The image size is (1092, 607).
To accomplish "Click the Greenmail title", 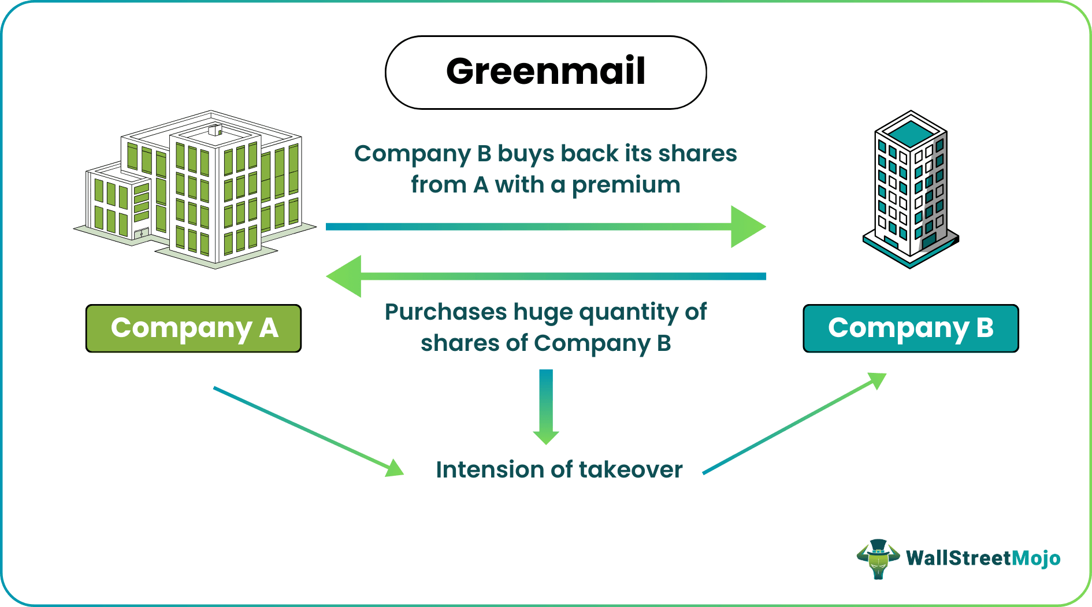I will tap(545, 72).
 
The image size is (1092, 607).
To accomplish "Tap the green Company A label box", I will tap(194, 328).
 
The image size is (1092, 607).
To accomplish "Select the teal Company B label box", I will tap(911, 328).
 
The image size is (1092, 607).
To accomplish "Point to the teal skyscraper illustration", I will tap(910, 191).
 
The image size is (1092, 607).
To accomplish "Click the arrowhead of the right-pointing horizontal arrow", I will tap(748, 227).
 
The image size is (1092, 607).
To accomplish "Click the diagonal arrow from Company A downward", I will tap(306, 431).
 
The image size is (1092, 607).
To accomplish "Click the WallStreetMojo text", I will tap(983, 558).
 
